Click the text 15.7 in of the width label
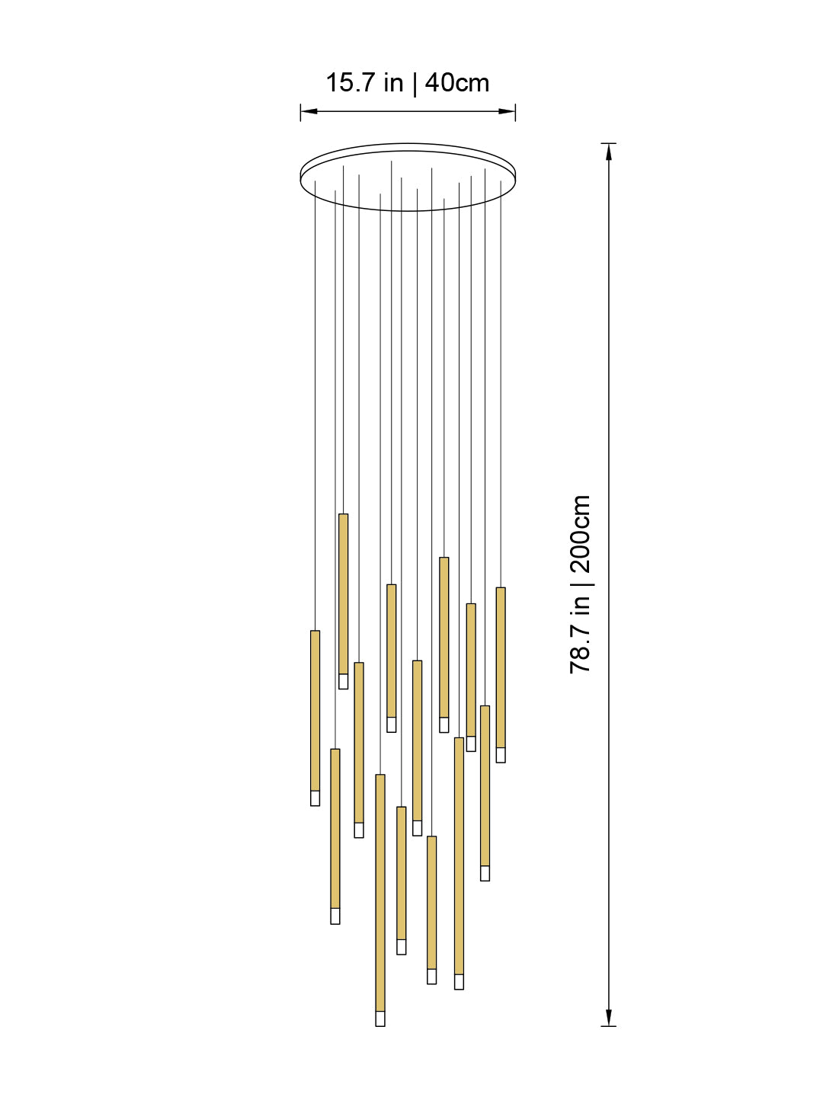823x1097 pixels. pyautogui.click(x=364, y=83)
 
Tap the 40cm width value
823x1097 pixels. pyautogui.click(x=457, y=83)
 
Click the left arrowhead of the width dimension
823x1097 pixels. pyautogui.click(x=308, y=111)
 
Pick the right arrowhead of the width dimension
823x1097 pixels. pyautogui.click(x=508, y=111)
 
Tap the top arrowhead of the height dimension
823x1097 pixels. pyautogui.click(x=608, y=152)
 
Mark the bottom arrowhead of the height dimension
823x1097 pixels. pyautogui.click(x=608, y=1018)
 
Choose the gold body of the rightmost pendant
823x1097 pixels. pyautogui.click(x=501, y=667)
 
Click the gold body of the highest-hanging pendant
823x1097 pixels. pyautogui.click(x=343, y=593)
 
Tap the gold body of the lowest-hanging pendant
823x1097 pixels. pyautogui.click(x=380, y=892)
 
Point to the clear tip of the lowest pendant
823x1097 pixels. pyautogui.click(x=380, y=1019)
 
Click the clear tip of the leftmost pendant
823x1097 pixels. pyautogui.click(x=315, y=798)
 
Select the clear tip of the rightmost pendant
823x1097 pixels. pyautogui.click(x=501, y=755)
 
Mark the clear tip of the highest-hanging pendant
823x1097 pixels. pyautogui.click(x=343, y=681)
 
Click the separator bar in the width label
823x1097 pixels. pyautogui.click(x=414, y=83)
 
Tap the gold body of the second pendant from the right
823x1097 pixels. pyautogui.click(x=485, y=785)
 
